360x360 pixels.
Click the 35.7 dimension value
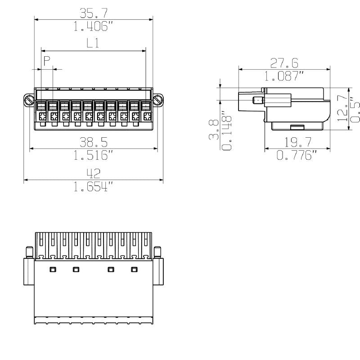click(93, 13)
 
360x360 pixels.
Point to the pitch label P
click(46, 62)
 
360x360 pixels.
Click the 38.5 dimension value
click(93, 143)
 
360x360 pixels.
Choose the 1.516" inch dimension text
click(93, 156)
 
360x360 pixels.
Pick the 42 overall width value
click(93, 173)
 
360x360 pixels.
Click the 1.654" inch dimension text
click(93, 187)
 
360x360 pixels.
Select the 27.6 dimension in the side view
click(284, 63)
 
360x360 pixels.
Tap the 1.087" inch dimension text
click(284, 76)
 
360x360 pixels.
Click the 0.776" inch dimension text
click(297, 156)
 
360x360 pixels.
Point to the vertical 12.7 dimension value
click(343, 108)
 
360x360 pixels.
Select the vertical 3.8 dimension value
click(215, 129)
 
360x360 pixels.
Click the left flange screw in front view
click(29, 100)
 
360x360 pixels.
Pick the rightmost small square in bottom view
click(134, 270)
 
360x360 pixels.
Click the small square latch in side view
click(258, 100)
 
